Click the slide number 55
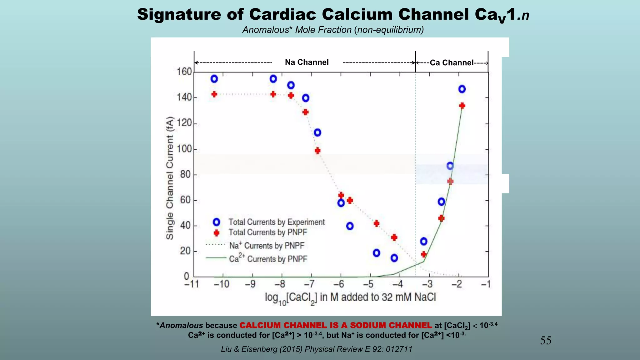546,340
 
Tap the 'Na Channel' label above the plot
307,62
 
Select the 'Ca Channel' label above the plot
452,63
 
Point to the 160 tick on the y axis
184,72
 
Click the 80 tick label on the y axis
185,174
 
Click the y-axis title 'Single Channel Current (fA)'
170,178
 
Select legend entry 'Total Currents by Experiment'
277,222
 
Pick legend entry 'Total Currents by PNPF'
267,232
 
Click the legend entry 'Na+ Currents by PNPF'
266,246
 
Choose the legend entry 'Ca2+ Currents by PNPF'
268,259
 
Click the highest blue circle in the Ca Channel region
462,89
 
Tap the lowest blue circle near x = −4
394,258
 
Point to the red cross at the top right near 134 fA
462,106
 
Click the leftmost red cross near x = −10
214,94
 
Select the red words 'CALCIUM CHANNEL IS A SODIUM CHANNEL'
336,325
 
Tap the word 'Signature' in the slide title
179,14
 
